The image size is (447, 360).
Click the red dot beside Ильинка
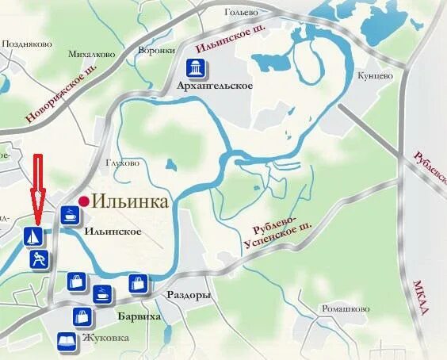(84, 201)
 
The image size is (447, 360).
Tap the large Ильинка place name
(130, 201)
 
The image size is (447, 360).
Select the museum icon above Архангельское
(194, 67)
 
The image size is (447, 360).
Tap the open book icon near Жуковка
(64, 342)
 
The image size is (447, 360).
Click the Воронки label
(155, 50)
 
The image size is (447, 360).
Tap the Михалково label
(91, 55)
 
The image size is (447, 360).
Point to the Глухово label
(122, 163)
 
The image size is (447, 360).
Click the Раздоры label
(189, 295)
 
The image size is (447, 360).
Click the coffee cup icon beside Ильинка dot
(69, 214)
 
